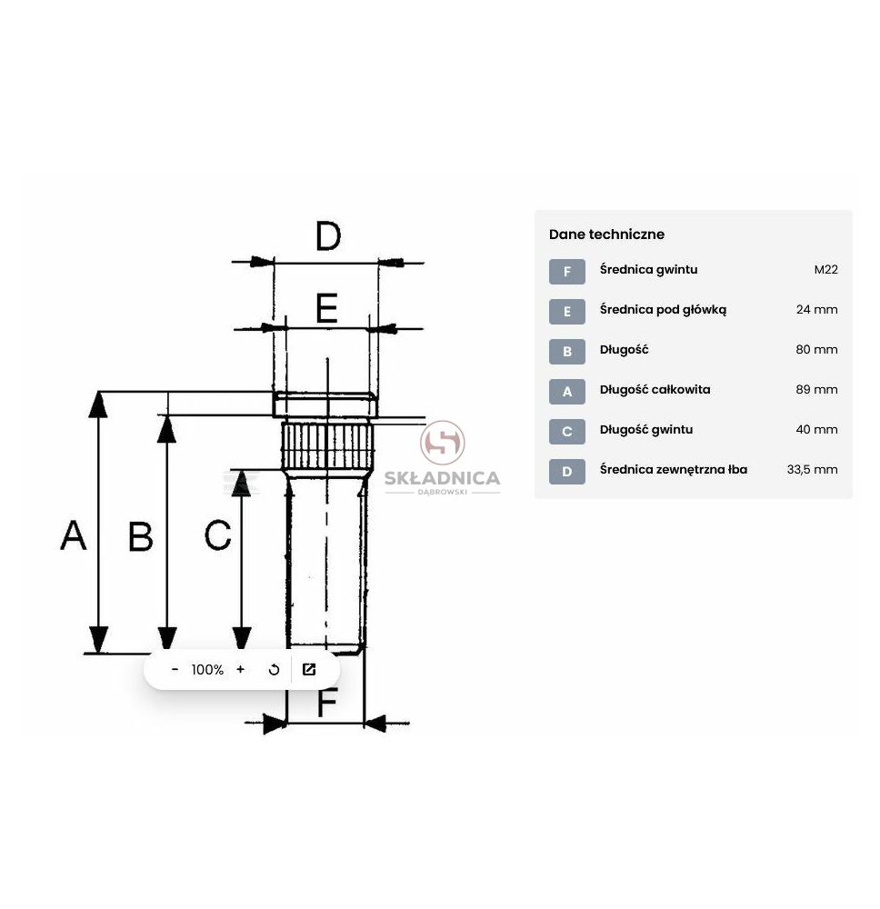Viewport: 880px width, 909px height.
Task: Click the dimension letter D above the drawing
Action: click(x=328, y=236)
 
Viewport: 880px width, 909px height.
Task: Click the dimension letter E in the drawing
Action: click(x=327, y=308)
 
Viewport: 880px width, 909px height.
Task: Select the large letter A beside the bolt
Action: click(x=74, y=535)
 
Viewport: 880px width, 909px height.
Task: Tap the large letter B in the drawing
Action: click(x=140, y=536)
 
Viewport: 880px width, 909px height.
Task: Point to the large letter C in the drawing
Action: click(x=218, y=534)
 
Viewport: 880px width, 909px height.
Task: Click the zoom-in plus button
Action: click(x=241, y=670)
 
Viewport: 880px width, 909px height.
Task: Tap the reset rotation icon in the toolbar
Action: click(x=275, y=670)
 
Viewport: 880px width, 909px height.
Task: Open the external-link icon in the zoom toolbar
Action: click(x=309, y=670)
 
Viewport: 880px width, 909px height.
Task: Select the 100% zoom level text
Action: click(x=207, y=670)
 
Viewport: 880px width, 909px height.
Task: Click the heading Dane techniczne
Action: click(x=606, y=235)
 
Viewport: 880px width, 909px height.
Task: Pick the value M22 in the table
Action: click(x=826, y=270)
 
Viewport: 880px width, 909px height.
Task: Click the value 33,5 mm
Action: click(x=812, y=470)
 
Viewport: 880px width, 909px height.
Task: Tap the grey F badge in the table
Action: click(x=567, y=271)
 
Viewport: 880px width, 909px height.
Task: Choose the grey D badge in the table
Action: click(x=567, y=471)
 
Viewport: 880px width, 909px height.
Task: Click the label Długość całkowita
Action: click(x=655, y=390)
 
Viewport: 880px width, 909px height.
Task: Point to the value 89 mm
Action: click(x=816, y=390)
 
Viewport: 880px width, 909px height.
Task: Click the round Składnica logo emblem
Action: click(x=443, y=443)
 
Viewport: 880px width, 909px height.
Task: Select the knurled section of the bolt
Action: click(x=327, y=445)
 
